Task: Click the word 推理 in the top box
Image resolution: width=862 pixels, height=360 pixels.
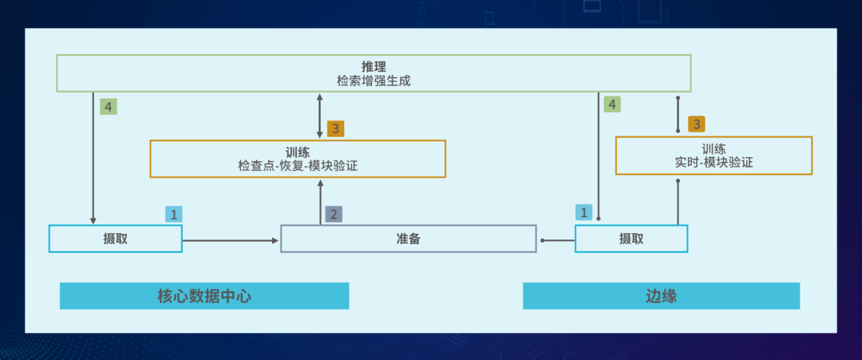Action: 374,65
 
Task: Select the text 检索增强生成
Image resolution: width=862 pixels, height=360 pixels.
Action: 374,81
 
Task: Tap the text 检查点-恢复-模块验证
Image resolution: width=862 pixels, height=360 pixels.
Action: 297,165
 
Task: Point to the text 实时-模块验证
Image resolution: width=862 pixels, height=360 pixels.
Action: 714,162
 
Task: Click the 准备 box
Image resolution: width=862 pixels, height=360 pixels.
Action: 408,239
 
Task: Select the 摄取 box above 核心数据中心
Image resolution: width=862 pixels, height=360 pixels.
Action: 115,239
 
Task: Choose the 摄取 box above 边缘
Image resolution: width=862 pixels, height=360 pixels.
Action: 631,239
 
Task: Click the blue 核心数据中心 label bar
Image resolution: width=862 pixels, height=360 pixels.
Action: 204,295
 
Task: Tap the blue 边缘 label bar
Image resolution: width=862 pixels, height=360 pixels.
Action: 661,295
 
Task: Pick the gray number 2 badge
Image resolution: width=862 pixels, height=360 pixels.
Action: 334,214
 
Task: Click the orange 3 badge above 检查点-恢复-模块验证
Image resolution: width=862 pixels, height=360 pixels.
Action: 336,128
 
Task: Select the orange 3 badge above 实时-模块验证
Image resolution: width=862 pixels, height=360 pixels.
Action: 697,124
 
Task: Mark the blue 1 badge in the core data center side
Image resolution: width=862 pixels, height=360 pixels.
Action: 174,214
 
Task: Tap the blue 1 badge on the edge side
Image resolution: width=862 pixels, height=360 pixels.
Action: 584,212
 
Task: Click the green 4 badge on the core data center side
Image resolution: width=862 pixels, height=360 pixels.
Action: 109,106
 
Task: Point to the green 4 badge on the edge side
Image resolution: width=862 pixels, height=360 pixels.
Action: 612,104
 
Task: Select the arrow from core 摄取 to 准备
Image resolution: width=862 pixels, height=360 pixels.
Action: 231,239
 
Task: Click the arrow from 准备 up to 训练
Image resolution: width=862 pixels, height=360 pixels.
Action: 320,201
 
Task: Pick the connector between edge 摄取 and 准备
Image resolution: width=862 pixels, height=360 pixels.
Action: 557,239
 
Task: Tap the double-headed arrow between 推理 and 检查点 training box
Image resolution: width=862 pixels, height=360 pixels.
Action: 320,115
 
